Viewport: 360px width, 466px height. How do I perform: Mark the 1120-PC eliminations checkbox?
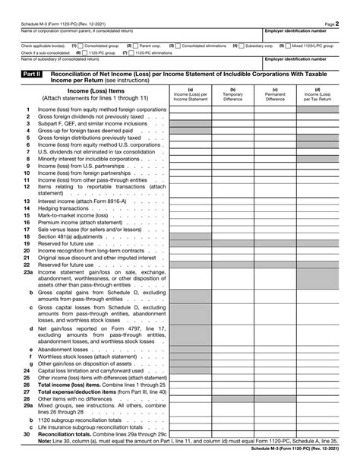[x=132, y=52]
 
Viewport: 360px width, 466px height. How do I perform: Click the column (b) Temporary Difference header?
[x=232, y=95]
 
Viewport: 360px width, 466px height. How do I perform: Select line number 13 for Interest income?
[x=26, y=201]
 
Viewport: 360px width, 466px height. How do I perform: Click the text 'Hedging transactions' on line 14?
[x=64, y=208]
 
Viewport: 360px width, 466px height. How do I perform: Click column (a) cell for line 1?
[x=190, y=109]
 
